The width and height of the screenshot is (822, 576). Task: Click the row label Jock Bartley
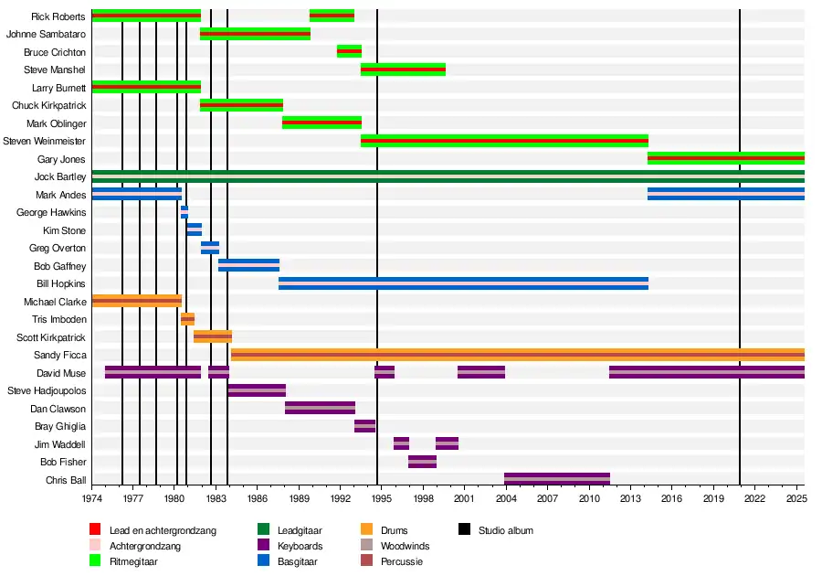[x=60, y=176]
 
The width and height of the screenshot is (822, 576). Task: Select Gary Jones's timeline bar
[x=725, y=158]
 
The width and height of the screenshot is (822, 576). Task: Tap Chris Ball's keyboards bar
[x=556, y=479]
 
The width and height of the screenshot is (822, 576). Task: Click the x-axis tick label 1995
[x=382, y=498]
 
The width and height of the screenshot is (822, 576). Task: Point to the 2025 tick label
[x=795, y=498]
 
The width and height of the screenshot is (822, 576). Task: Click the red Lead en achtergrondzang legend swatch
[x=94, y=530]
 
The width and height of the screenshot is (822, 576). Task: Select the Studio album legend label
[x=505, y=530]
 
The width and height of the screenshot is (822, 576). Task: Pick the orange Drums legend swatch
[x=366, y=530]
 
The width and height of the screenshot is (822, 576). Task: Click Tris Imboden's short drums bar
[x=187, y=319]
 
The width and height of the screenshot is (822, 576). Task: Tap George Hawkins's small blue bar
[x=184, y=212]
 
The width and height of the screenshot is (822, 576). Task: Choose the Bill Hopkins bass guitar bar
[x=463, y=283]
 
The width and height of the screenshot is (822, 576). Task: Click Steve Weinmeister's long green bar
[x=504, y=141]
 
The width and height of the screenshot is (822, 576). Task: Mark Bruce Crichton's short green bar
[x=349, y=51]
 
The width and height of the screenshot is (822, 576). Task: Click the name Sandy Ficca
[x=60, y=355]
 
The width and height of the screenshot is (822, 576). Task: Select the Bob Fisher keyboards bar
[x=422, y=462]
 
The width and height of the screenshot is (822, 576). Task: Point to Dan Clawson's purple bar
[x=320, y=408]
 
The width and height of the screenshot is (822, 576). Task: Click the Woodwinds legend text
[x=405, y=546]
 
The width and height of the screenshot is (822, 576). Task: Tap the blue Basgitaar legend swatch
[x=266, y=561]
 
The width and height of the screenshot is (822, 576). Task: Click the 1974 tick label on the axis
[x=92, y=498]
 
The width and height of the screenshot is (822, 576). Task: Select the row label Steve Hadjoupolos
[x=47, y=390]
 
